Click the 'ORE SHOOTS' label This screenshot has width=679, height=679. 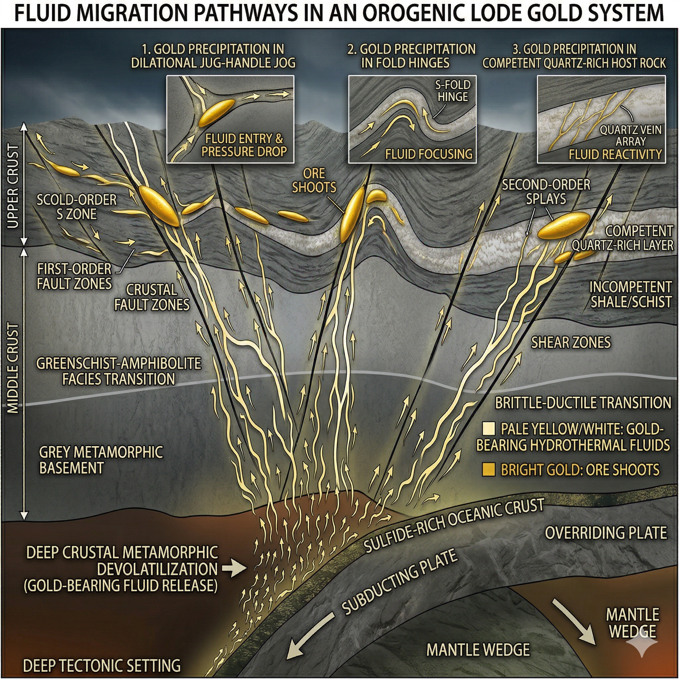[x=314, y=180]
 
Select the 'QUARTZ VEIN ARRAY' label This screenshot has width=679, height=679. [x=630, y=136]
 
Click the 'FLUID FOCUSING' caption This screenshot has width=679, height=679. [x=429, y=154]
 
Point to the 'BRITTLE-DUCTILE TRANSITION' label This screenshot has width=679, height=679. [x=583, y=403]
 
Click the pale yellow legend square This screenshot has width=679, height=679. [x=489, y=429]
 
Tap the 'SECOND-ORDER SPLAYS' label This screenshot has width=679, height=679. [x=546, y=192]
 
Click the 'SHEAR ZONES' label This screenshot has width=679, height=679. [x=571, y=342]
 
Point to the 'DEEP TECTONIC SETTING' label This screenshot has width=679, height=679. [x=101, y=665]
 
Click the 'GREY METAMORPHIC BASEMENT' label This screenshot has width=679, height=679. [x=101, y=460]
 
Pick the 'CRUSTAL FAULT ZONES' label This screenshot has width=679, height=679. [x=152, y=297]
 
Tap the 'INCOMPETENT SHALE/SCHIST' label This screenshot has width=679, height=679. [x=631, y=294]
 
